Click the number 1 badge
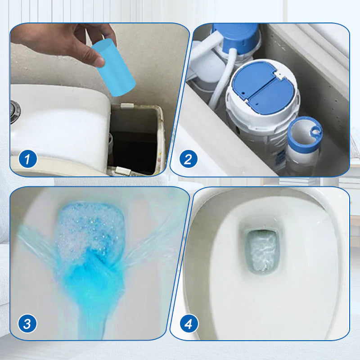[28, 159]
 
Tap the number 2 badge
[188, 159]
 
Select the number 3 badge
[28, 323]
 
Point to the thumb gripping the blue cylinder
[92, 56]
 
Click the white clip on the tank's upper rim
[127, 106]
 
